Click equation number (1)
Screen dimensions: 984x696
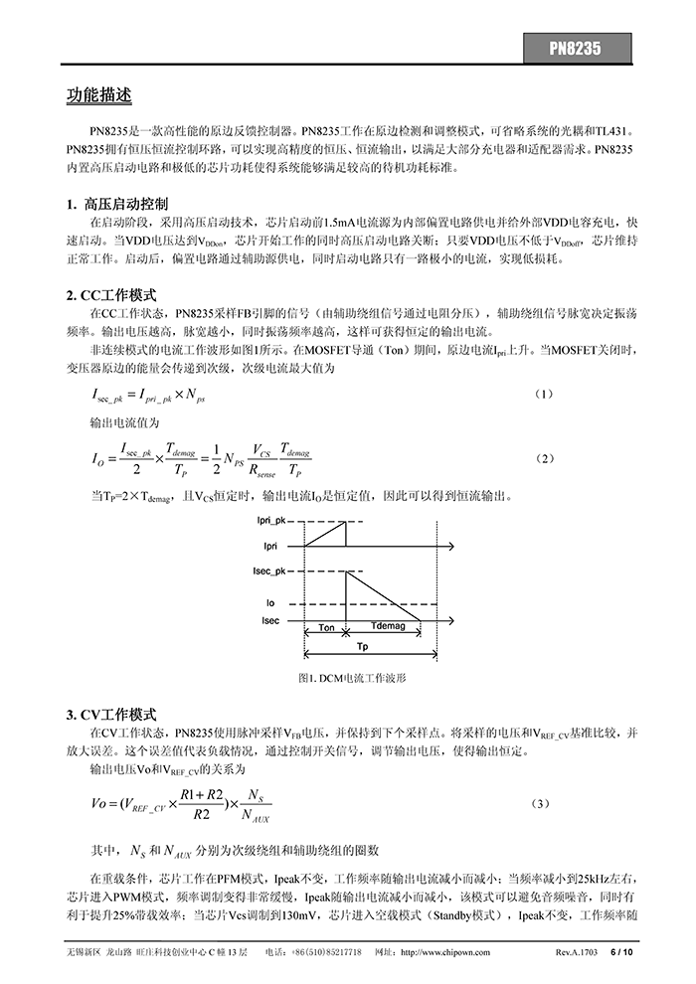click(544, 394)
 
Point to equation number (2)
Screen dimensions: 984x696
click(544, 458)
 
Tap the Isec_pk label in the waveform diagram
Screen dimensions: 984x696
click(269, 571)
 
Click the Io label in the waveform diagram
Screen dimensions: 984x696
click(269, 602)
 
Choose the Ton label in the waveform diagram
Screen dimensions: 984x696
click(326, 628)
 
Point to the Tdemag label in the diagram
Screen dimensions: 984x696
click(387, 628)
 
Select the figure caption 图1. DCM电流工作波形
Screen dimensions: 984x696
click(352, 677)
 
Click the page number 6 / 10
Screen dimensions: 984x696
click(621, 951)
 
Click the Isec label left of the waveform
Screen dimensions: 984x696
click(270, 620)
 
